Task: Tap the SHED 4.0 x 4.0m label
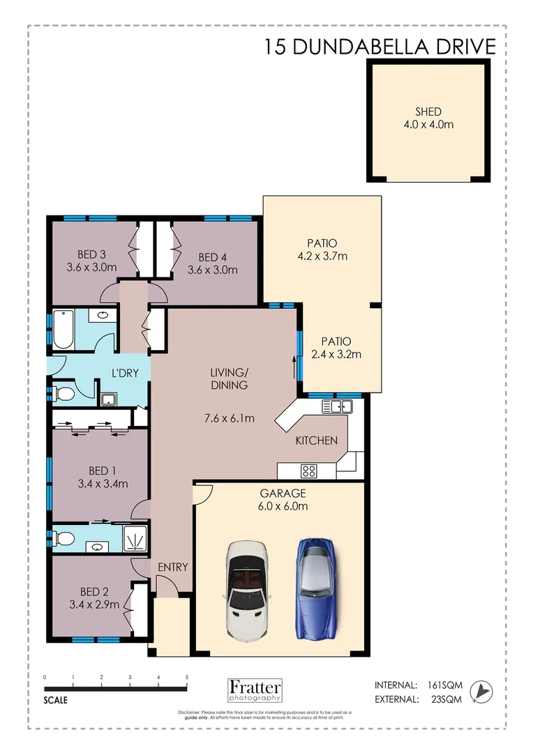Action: pyautogui.click(x=429, y=118)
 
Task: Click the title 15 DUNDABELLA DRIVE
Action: pyautogui.click(x=380, y=47)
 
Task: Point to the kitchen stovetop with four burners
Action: pyautogui.click(x=309, y=470)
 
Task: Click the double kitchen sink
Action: pyautogui.click(x=336, y=406)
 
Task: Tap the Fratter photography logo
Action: pyautogui.click(x=255, y=690)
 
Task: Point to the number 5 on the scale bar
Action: pyautogui.click(x=186, y=677)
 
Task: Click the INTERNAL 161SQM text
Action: pyautogui.click(x=419, y=685)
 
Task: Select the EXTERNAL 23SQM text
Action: pyautogui.click(x=419, y=699)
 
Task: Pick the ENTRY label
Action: pyautogui.click(x=172, y=567)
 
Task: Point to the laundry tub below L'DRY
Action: pyautogui.click(x=108, y=400)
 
